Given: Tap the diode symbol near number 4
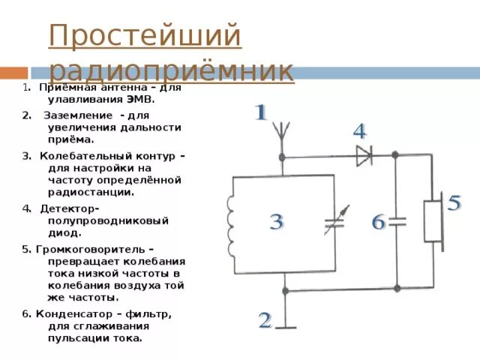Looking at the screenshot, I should tap(364, 157).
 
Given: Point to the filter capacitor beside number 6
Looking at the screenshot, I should tap(397, 221).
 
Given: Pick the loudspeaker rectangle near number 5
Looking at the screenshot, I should tap(433, 221).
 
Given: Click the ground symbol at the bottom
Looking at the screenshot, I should tap(284, 324).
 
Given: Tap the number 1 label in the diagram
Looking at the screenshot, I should tap(259, 114).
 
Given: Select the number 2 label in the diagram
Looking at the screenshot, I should tap(264, 321).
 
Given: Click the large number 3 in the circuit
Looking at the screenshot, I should tap(276, 222).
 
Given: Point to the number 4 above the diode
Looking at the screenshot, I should tap(359, 133).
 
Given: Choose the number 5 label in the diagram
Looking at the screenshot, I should tap(454, 202).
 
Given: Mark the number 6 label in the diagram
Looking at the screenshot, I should tap(378, 222).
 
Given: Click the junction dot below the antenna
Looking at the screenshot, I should tap(282, 157).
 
